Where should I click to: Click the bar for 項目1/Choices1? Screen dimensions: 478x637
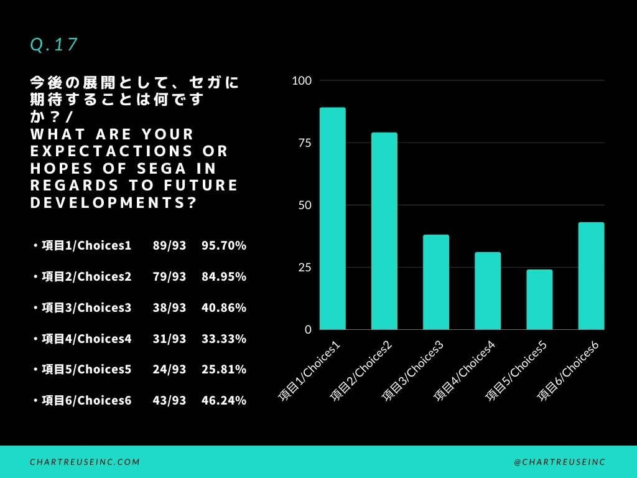(x=333, y=218)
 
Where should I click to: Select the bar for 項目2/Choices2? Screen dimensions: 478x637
(x=384, y=231)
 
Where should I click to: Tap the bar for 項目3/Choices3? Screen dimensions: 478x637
(x=436, y=282)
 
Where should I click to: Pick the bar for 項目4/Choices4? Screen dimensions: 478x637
(x=488, y=291)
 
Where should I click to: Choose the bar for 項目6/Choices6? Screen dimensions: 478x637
(x=591, y=276)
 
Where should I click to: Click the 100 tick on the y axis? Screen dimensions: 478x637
(x=302, y=81)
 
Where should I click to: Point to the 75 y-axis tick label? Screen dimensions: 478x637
(x=304, y=143)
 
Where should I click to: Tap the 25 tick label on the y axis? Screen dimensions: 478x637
(x=304, y=268)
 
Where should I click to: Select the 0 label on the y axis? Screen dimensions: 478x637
(x=308, y=330)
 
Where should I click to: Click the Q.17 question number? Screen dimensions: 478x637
(x=53, y=45)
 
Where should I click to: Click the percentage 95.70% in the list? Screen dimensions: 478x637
(x=224, y=246)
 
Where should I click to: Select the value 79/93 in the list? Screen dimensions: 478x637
(x=169, y=277)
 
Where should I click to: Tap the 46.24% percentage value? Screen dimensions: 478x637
(x=224, y=401)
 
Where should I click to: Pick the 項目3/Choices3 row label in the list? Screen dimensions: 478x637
(x=86, y=308)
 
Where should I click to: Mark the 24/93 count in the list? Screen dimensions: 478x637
(x=169, y=370)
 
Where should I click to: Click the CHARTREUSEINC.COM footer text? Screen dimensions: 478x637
(x=85, y=462)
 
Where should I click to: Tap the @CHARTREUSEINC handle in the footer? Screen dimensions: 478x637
(x=560, y=462)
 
